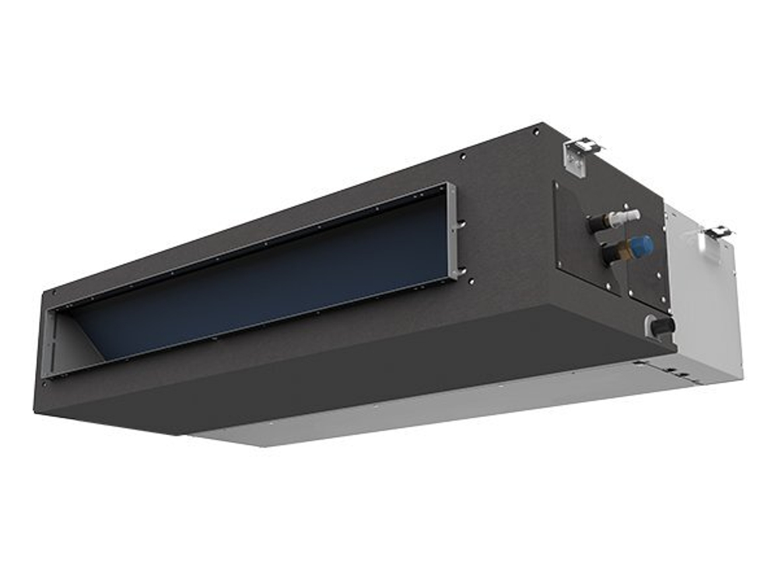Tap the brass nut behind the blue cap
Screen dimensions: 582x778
pos(622,250)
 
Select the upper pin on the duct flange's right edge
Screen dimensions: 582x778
pos(462,226)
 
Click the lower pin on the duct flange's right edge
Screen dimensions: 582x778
pos(462,272)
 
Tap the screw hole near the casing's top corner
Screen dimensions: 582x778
pos(534,131)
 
